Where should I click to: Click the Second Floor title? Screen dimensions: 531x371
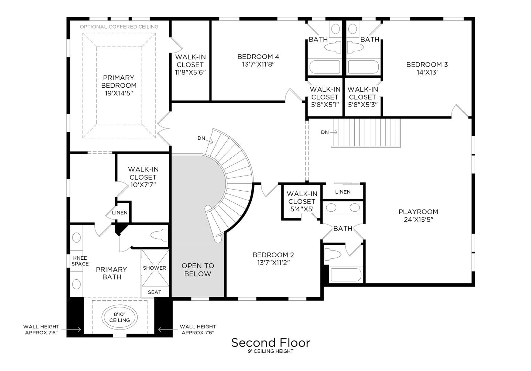tap(271, 343)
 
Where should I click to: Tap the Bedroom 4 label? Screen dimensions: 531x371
tap(258, 57)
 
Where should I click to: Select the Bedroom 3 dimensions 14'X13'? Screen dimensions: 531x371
tap(427, 72)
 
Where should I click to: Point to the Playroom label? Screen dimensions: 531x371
tap(419, 212)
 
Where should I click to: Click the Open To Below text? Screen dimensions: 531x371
tap(198, 270)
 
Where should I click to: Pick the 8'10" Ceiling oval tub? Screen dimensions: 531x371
tap(119, 317)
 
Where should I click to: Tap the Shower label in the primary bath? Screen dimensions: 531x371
tap(154, 268)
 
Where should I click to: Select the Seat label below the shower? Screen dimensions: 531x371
tap(154, 292)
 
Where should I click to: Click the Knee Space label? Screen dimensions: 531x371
tap(80, 261)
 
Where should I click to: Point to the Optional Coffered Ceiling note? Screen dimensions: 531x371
tap(119, 27)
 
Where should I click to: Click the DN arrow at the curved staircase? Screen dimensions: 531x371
tap(209, 141)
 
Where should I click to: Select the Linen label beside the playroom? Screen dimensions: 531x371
tap(343, 192)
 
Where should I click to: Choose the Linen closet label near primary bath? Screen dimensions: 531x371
tap(120, 213)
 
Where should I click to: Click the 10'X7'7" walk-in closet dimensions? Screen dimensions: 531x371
tap(143, 185)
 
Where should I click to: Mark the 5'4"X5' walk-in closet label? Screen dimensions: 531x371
tap(302, 209)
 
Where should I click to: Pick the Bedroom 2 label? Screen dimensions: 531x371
tap(273, 255)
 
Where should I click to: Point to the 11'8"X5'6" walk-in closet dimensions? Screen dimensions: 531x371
tap(190, 72)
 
